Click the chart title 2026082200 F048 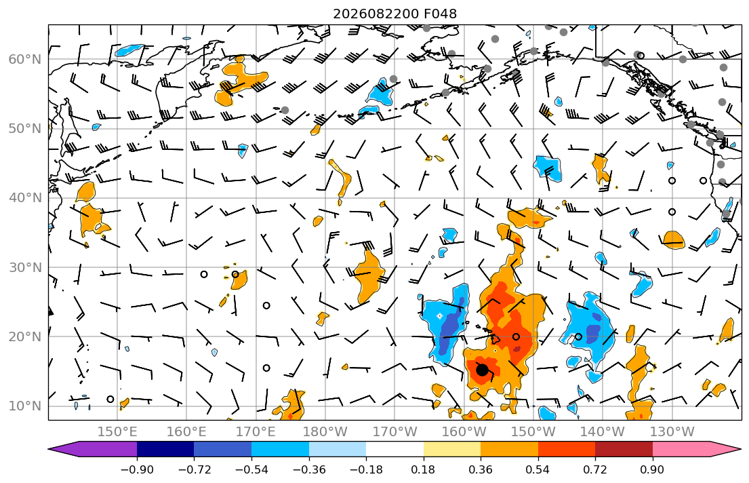(394, 14)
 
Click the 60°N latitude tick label (25, 59)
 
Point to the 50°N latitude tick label (25, 129)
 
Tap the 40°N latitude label (25, 198)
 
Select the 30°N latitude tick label (25, 267)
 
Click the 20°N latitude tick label (25, 336)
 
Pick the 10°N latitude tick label (25, 406)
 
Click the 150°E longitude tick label (117, 432)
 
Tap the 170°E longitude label (256, 432)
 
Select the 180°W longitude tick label (325, 432)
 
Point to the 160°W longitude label (464, 432)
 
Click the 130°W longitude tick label (672, 432)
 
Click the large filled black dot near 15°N (482, 370)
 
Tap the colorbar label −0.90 (137, 469)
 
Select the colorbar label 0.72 (595, 469)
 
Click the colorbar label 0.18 (423, 469)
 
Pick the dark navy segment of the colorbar (165, 449)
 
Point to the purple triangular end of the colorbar (93, 449)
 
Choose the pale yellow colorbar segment (452, 449)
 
